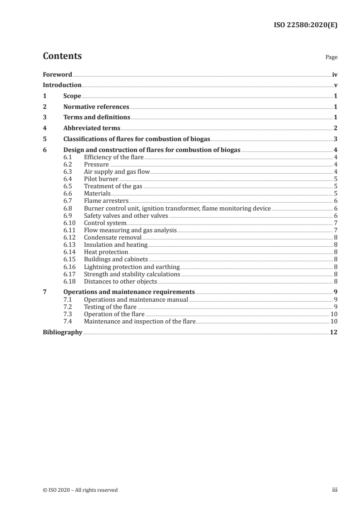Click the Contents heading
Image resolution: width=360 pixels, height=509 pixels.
pyautogui.click(x=62, y=56)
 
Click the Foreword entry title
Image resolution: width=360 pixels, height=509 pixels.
pyautogui.click(x=57, y=74)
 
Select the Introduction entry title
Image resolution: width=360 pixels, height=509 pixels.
pyautogui.click(x=62, y=85)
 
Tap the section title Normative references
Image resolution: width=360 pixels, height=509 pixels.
pyautogui.click(x=96, y=107)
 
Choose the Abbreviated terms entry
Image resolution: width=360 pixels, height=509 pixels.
pyautogui.click(x=92, y=128)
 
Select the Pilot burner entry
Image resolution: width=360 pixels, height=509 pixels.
pyautogui.click(x=101, y=179)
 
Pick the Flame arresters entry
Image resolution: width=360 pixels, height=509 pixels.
pyautogui.click(x=106, y=200)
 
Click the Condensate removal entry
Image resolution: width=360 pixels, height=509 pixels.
pyautogui.click(x=113, y=237)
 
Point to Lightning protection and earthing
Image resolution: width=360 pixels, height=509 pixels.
pyautogui.click(x=132, y=267)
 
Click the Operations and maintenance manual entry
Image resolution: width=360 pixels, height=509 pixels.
pyautogui.click(x=136, y=299)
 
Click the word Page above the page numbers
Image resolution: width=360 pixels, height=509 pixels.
pyautogui.click(x=331, y=58)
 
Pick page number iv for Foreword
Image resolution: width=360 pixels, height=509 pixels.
pyautogui.click(x=335, y=74)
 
